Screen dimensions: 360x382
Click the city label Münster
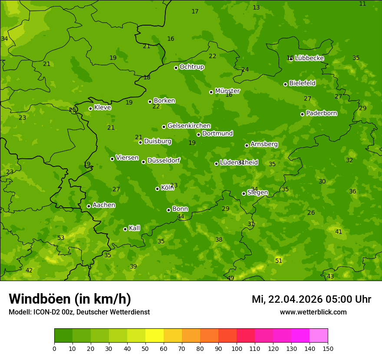coord(227,91)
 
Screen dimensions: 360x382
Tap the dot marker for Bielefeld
coord(285,84)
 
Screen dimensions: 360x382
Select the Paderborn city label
coord(321,113)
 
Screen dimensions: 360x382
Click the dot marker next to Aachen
coord(89,206)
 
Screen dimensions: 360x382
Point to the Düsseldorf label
coord(164,160)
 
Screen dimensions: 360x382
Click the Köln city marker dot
coord(157,189)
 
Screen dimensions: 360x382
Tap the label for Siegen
coord(257,193)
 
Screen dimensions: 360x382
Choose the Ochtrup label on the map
coord(191,67)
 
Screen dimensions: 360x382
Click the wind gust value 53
coord(61,238)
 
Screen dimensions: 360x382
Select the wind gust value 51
coord(279,261)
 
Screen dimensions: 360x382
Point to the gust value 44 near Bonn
coord(181,216)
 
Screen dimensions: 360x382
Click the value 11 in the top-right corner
coord(362,3)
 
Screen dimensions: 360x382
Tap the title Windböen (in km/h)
coord(70,299)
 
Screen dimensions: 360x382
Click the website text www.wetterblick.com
coord(313,312)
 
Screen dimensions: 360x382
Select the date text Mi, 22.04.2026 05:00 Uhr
coord(311,299)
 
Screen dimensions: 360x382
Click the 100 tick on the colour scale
coord(237,348)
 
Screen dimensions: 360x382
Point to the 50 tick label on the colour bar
coord(145,348)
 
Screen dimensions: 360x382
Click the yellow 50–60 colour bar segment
coord(155,336)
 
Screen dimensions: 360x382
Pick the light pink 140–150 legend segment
coord(319,336)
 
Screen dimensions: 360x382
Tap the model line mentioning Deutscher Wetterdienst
coord(79,312)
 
